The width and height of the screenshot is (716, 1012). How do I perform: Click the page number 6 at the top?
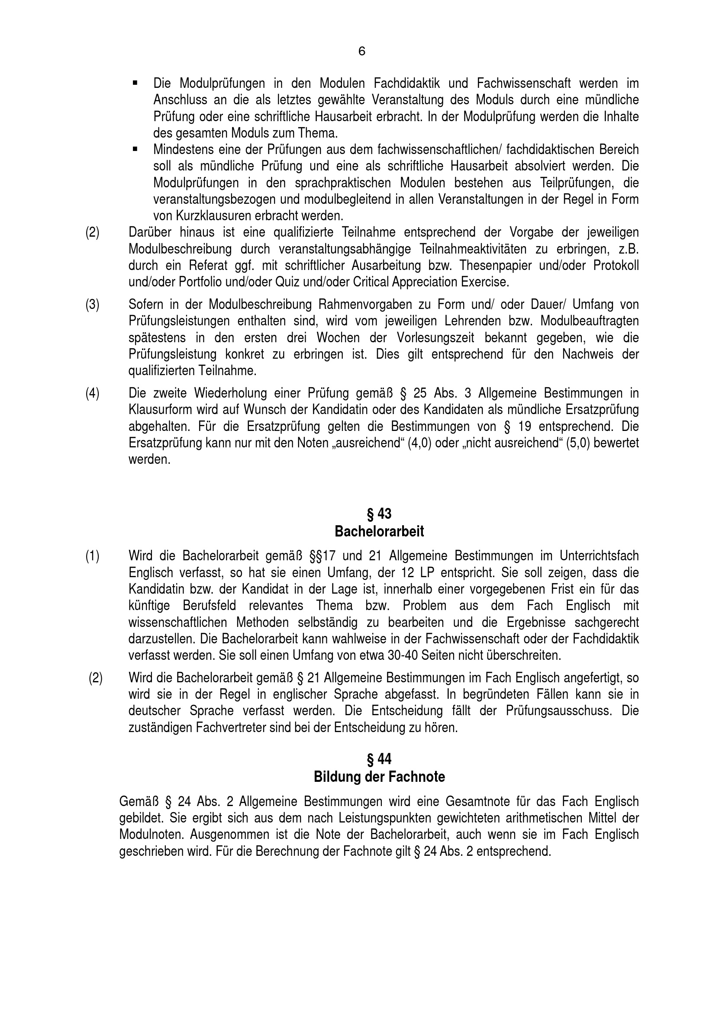pyautogui.click(x=361, y=51)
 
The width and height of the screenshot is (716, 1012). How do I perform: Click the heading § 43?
pyautogui.click(x=379, y=514)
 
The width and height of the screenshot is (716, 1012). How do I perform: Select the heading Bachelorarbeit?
pyautogui.click(x=379, y=532)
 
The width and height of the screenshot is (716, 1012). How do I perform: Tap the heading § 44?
pyautogui.click(x=379, y=759)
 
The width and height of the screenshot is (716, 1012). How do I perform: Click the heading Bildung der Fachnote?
pyautogui.click(x=379, y=777)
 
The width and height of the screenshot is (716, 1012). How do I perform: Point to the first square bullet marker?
pyautogui.click(x=135, y=83)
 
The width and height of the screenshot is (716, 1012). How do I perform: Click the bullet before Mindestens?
pyautogui.click(x=135, y=149)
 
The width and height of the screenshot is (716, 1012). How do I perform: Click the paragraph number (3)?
pyautogui.click(x=92, y=305)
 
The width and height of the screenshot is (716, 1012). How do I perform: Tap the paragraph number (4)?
pyautogui.click(x=92, y=393)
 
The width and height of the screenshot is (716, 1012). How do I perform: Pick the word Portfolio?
pyautogui.click(x=202, y=282)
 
